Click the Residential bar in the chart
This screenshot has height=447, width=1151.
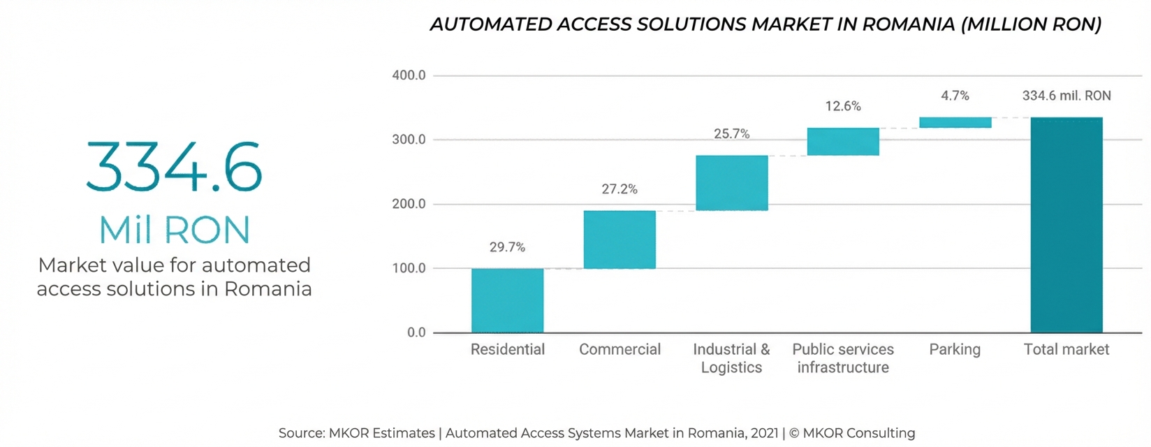(x=507, y=300)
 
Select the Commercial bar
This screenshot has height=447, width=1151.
(x=620, y=240)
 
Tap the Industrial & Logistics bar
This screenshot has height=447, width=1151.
(x=731, y=183)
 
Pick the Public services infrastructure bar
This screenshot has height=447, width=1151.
(x=843, y=142)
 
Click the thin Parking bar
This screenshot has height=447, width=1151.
(x=955, y=123)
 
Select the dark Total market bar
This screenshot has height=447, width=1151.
(x=1066, y=225)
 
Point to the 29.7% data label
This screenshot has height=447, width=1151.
(x=507, y=247)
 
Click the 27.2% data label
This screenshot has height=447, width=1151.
(x=620, y=189)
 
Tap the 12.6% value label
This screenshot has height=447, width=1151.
(x=843, y=106)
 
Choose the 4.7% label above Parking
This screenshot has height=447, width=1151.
(x=955, y=96)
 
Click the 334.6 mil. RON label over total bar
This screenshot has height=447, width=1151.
(x=1066, y=96)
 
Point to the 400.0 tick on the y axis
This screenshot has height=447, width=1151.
(x=409, y=75)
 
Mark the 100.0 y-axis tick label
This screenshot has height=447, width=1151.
(x=409, y=268)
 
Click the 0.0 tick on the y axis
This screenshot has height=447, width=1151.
(x=416, y=332)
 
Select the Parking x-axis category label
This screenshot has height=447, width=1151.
(x=955, y=349)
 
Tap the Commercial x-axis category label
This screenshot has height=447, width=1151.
(x=620, y=349)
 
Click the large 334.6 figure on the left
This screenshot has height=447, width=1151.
(x=174, y=168)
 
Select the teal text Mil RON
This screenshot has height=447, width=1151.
(x=174, y=230)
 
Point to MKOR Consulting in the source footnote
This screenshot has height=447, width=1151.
(x=858, y=433)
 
